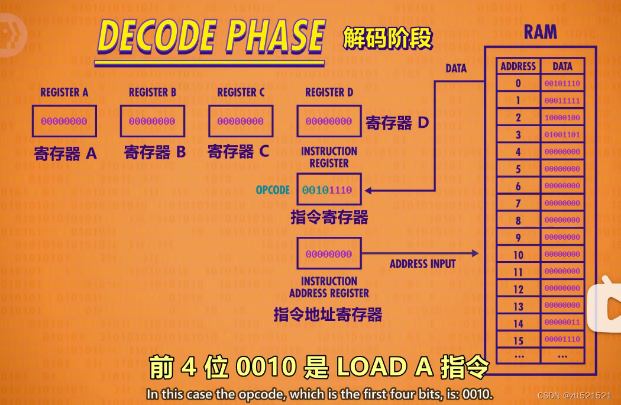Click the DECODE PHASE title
coord(211,37)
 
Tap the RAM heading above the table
coord(540,32)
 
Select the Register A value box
coord(64,121)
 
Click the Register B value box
coord(152,121)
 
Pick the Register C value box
coord(241,121)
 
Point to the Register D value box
coord(329,121)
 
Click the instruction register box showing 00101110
coord(329,190)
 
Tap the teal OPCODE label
coord(273,190)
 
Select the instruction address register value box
coord(329,254)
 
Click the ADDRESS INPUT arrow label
coord(422,264)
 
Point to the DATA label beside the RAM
coord(456,69)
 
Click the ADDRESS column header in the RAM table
coord(518,66)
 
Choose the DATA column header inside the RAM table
coord(562,66)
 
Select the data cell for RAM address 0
coord(562,83)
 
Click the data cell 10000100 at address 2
coord(562,118)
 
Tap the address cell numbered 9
coord(518,237)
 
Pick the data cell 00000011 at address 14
coord(562,323)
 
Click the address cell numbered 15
coord(518,340)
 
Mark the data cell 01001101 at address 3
coord(562,135)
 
